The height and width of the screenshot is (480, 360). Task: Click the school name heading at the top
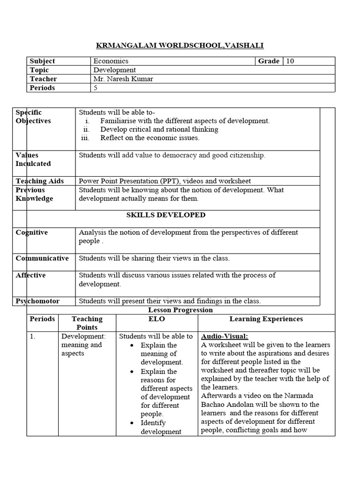tap(180, 45)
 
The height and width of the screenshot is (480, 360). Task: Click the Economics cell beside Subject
tap(111, 61)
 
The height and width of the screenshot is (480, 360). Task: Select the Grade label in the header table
tap(269, 61)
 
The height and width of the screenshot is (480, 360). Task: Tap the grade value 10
tap(290, 61)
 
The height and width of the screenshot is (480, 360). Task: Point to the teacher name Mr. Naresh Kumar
tap(123, 79)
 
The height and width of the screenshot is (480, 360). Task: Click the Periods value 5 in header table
tap(95, 88)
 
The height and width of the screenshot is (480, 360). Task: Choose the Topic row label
tap(39, 70)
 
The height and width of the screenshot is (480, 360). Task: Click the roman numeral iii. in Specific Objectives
tap(85, 138)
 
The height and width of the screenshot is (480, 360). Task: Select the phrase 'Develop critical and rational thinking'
tap(159, 129)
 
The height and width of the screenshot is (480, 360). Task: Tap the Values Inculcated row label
tap(33, 159)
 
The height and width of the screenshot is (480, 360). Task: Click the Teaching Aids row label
tap(40, 181)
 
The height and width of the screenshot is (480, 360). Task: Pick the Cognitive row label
tap(32, 232)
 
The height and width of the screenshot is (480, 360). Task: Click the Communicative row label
tap(42, 258)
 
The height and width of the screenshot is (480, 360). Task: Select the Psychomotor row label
tap(38, 301)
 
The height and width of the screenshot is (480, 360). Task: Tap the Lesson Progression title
tap(180, 310)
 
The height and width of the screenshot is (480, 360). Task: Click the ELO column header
tap(157, 319)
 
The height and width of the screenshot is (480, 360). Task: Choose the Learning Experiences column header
tap(266, 319)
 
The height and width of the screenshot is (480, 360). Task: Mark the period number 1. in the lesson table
tap(33, 336)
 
